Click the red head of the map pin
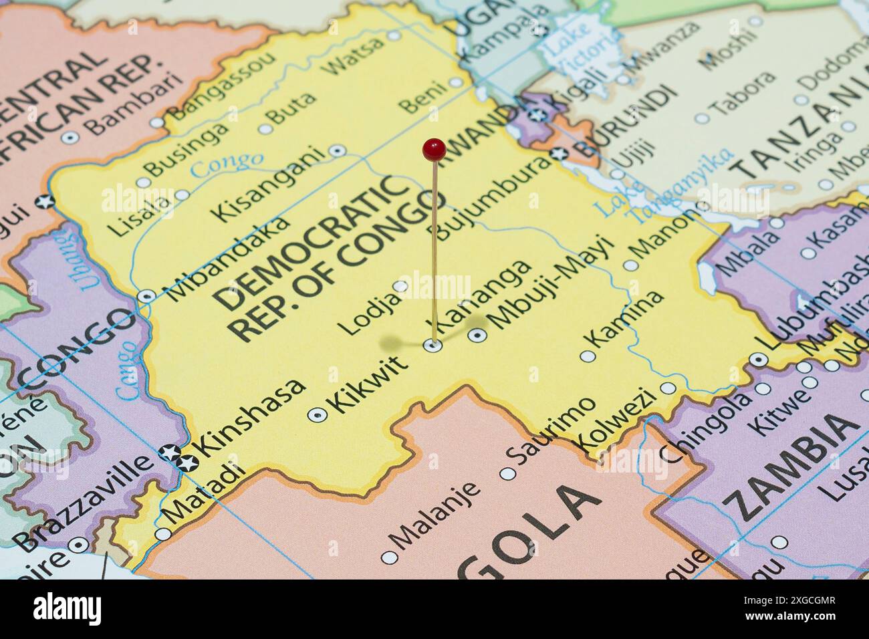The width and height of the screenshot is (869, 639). (434, 149)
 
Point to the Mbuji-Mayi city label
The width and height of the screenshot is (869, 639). (551, 283)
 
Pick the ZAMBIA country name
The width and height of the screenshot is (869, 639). (792, 468)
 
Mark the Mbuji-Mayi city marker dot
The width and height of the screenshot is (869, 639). (477, 336)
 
